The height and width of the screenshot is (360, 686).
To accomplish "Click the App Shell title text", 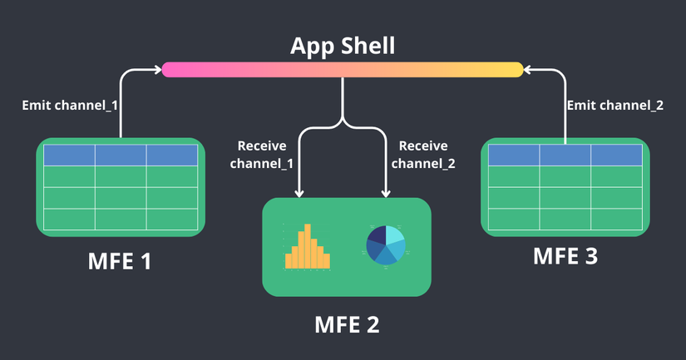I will point(343,45).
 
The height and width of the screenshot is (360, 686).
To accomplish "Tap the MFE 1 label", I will point(120,261).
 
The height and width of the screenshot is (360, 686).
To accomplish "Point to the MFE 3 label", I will point(565,256).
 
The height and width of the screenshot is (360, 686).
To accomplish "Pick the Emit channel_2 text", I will point(614,106).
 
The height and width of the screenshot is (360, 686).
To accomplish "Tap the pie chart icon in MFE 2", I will point(386,245).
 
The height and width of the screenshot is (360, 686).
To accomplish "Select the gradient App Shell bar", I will point(343,70).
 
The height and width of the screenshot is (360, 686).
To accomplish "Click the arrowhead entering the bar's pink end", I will point(157,70).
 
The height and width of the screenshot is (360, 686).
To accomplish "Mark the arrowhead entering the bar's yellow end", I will point(529,70).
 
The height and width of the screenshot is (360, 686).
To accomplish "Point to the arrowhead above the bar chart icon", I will point(298,194).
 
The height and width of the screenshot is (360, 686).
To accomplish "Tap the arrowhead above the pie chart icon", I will point(387,194).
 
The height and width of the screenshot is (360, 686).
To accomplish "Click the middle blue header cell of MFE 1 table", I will point(120,155).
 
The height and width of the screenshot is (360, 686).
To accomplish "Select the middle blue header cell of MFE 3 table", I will point(565,155).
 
